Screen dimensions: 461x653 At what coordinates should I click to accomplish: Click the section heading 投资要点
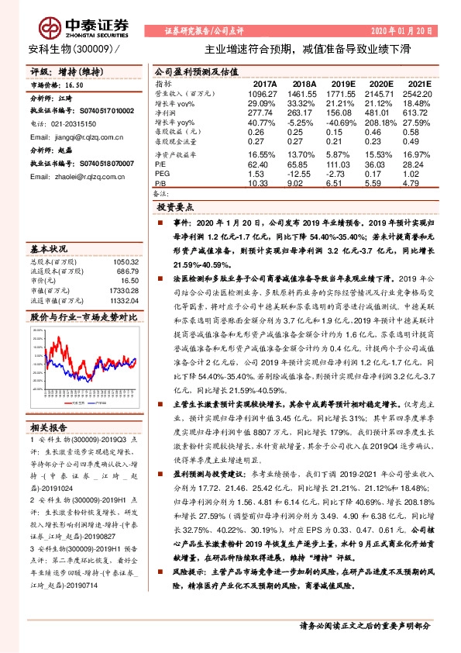point(177,209)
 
